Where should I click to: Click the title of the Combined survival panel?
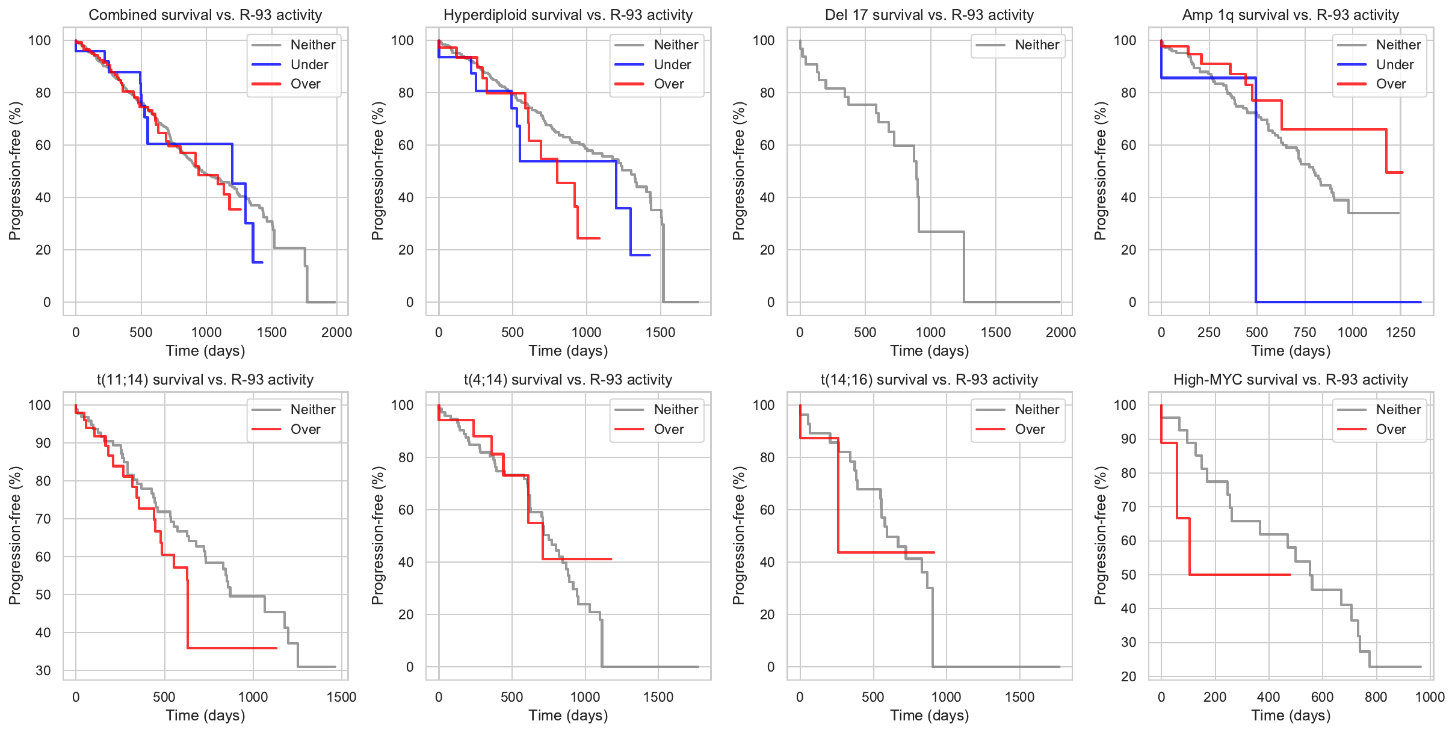205,15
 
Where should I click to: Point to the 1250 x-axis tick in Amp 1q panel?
1400,333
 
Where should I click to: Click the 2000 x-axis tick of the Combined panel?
336,333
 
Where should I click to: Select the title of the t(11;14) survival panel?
205,380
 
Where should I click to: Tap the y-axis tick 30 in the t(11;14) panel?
43,670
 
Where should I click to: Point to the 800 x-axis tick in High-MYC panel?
1376,697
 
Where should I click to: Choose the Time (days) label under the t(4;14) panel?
568,716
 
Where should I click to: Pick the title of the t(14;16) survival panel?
929,380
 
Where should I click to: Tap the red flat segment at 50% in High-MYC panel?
1240,575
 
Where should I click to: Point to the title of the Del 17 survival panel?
929,15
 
